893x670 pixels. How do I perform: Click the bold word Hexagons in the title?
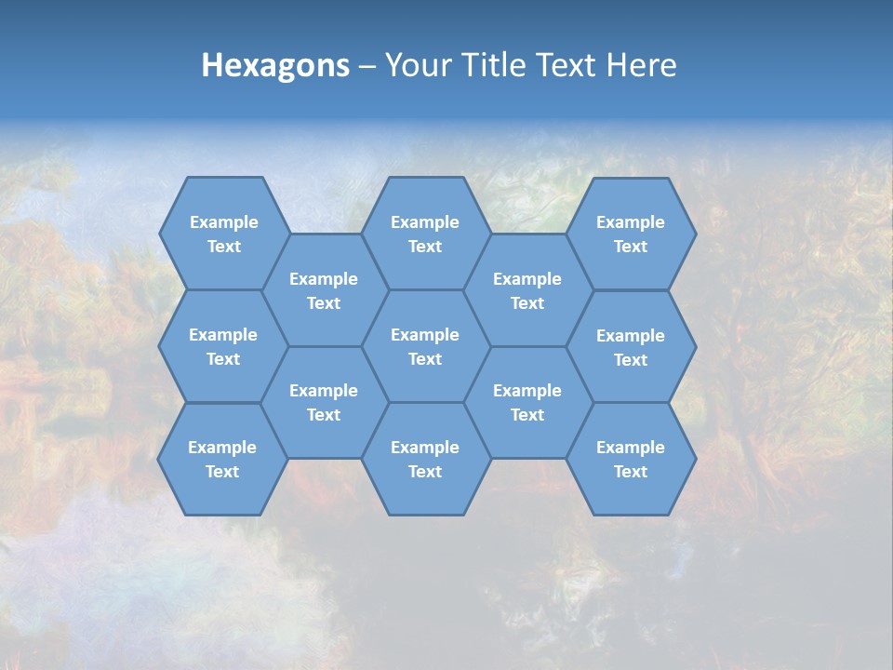click(275, 65)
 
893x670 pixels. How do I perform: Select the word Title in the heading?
click(492, 65)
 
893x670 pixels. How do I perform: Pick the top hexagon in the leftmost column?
click(223, 234)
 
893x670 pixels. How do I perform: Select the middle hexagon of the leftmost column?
click(223, 346)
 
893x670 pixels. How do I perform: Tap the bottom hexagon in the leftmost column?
click(222, 459)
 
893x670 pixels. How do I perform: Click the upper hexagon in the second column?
click(324, 290)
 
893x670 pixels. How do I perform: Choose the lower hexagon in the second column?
click(324, 402)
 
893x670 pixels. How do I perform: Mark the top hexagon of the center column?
click(425, 234)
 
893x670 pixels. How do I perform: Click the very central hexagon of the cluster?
click(425, 346)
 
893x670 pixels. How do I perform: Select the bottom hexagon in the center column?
click(425, 459)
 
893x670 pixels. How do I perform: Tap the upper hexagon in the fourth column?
click(527, 290)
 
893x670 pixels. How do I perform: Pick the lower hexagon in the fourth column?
click(527, 402)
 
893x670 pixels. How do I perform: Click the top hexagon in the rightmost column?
click(631, 234)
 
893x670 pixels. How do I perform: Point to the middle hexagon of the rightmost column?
click(631, 347)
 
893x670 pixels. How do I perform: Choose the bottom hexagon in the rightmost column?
click(631, 459)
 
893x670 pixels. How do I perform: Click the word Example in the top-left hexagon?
click(223, 222)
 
